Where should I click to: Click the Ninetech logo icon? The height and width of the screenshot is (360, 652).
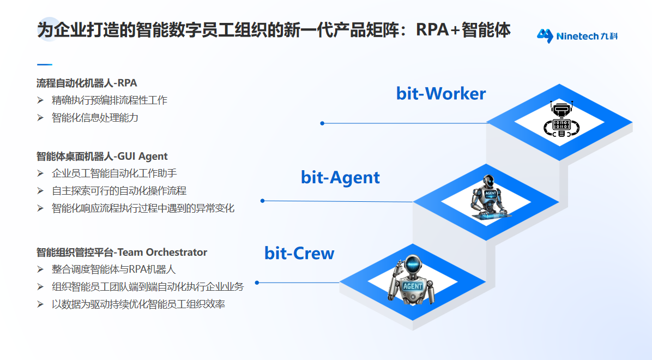coord(545,36)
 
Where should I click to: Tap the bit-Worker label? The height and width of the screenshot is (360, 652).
coord(441,93)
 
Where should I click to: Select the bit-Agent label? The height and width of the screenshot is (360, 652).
coord(340,177)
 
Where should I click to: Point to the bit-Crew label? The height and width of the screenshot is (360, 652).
coord(299,253)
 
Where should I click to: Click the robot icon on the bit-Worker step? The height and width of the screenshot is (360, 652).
coord(559,119)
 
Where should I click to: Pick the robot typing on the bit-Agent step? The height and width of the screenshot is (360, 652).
coord(489,197)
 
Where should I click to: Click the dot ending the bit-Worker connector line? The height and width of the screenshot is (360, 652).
coord(322,123)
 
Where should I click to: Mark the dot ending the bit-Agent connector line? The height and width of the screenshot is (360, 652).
coord(262,201)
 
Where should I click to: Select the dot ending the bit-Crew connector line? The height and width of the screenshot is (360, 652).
coord(257,283)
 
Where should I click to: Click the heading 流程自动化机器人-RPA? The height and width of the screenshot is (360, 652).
coord(87,83)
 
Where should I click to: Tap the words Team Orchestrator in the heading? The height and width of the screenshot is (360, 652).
coord(162,252)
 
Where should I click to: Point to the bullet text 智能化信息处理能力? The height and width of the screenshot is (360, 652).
coord(95,117)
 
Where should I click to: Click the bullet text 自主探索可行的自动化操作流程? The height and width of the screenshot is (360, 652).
coord(119,190)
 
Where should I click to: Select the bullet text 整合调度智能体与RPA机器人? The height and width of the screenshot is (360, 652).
coord(113,269)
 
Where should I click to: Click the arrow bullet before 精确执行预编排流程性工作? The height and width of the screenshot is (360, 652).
coord(40,100)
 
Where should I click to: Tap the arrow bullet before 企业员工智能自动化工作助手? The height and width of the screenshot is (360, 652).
coord(40,173)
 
